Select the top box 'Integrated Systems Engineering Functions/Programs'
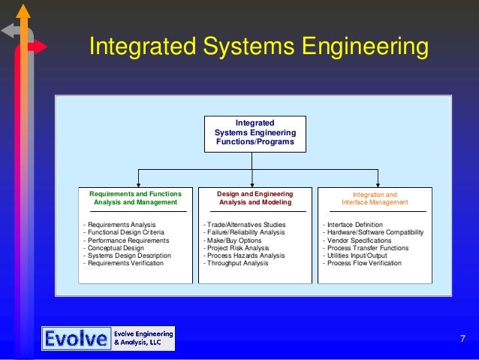[x=255, y=133]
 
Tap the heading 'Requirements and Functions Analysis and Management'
[x=135, y=198]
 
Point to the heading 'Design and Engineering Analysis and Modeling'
[x=255, y=198]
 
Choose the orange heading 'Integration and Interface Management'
[x=375, y=198]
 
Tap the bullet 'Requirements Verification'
[x=125, y=264]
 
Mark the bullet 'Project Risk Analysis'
[x=239, y=248]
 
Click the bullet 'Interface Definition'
[x=355, y=225]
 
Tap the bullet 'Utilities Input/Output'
[x=358, y=256]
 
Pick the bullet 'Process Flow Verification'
[x=364, y=264]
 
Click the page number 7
[x=462, y=340]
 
